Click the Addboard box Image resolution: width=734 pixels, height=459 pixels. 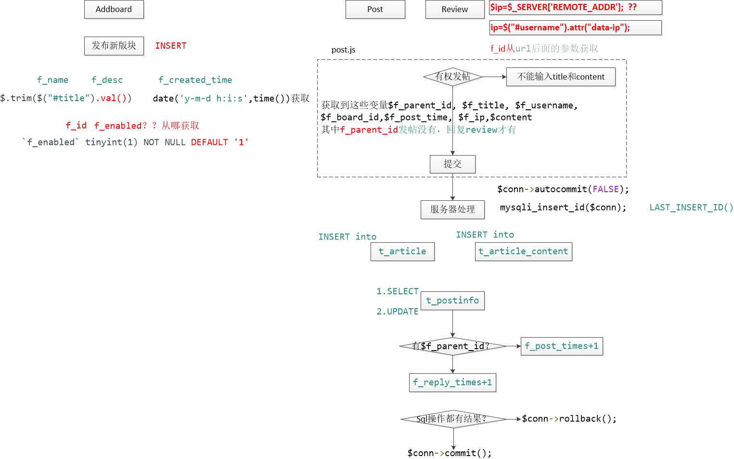114,9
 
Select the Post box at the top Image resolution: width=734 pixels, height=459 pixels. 375,9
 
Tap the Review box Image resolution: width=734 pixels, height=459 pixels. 454,9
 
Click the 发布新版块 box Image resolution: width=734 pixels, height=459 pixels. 114,46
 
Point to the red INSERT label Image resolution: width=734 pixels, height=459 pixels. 170,46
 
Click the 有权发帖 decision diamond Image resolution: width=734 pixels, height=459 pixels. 452,77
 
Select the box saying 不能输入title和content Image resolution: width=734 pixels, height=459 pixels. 561,77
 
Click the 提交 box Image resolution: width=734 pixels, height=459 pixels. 452,164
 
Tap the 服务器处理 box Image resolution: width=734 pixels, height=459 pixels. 452,210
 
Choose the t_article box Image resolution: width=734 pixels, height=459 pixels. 402,251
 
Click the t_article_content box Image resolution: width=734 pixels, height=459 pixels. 523,251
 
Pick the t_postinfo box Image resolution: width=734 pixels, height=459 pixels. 452,301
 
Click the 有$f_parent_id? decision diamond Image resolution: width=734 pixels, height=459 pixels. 452,346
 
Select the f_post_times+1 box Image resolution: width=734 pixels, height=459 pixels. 562,346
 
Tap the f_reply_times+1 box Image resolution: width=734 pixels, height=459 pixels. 452,382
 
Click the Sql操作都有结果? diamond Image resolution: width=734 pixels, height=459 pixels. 452,419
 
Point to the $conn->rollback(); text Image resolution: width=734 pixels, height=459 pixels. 569,419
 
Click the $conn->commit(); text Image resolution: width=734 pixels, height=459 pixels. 450,453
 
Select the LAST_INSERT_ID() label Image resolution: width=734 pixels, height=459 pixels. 691,208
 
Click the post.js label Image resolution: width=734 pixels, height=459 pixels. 343,50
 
